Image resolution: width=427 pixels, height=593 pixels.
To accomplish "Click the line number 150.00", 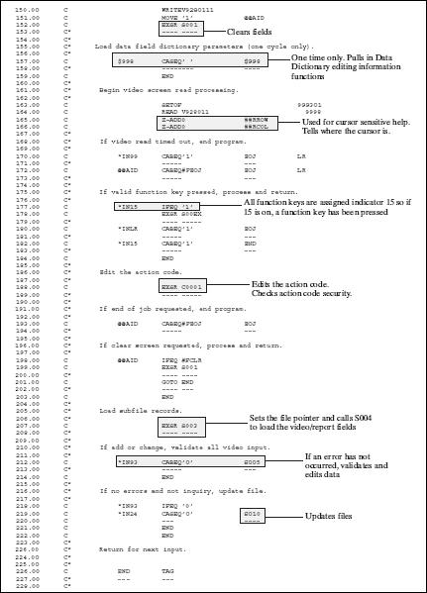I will click(17, 9).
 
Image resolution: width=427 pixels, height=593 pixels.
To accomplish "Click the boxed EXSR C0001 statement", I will click(181, 287).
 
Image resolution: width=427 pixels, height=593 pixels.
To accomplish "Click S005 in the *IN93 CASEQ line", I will click(252, 462).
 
